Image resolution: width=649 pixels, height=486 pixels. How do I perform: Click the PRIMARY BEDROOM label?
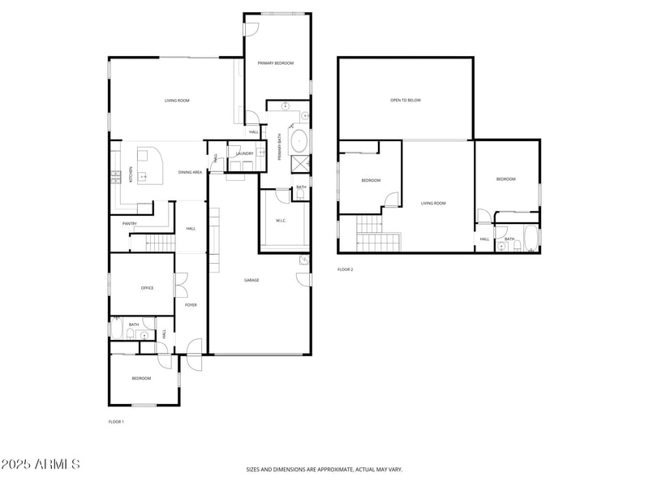(x=276, y=63)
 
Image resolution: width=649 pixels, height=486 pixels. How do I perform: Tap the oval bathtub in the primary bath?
(x=299, y=140)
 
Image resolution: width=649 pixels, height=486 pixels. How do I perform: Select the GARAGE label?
(x=252, y=280)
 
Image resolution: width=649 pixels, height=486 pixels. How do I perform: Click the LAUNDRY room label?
(x=245, y=153)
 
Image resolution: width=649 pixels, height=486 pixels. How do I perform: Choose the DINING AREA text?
(x=190, y=172)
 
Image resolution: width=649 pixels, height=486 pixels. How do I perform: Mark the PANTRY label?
(x=129, y=224)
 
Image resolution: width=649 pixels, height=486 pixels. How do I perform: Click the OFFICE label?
(x=147, y=288)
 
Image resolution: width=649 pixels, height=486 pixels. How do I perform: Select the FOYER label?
(x=191, y=305)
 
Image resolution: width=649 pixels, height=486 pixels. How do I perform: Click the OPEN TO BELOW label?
(x=406, y=101)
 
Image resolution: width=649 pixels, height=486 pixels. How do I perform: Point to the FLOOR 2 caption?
(x=346, y=269)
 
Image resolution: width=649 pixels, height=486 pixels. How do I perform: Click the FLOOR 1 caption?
(x=116, y=422)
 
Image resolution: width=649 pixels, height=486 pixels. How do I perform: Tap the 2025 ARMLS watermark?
(x=41, y=465)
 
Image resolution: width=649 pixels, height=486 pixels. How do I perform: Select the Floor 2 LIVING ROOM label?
(x=433, y=204)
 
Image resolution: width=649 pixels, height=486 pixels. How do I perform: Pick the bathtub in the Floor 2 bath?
(x=530, y=239)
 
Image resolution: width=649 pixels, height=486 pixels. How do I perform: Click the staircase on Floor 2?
(x=378, y=235)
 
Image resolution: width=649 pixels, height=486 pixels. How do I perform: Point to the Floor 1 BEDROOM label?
(x=142, y=379)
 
